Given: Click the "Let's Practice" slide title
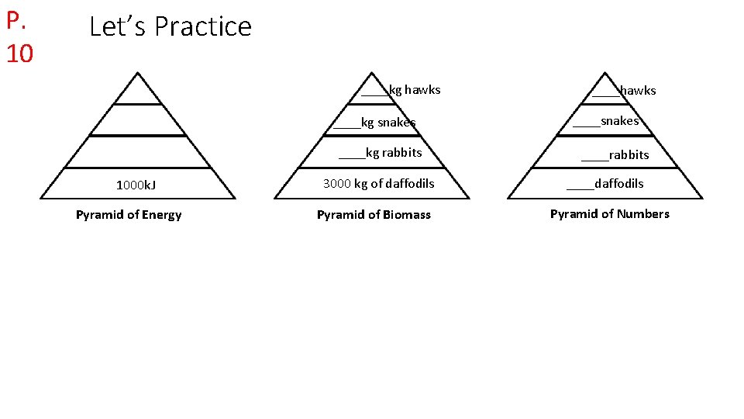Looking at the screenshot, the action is click(x=170, y=26).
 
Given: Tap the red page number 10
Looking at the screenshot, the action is click(x=19, y=54).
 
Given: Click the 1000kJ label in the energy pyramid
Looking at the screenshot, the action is click(x=136, y=185).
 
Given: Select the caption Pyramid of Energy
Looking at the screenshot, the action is click(x=129, y=215).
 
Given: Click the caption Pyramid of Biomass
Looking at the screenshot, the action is click(x=374, y=215).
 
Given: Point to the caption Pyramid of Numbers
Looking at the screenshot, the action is click(x=609, y=214).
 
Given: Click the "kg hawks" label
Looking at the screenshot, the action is click(x=414, y=90).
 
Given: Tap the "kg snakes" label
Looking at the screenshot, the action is click(x=387, y=123).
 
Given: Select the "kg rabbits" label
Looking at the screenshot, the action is click(x=393, y=153).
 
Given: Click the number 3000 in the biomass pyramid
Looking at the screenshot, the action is click(x=337, y=184).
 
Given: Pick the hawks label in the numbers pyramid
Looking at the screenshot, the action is click(x=637, y=91).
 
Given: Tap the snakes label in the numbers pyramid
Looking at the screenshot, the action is click(x=619, y=121).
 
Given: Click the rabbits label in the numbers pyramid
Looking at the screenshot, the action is click(x=629, y=155).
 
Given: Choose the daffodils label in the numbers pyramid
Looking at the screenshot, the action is click(x=618, y=184).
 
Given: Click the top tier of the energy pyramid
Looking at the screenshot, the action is click(x=137, y=92).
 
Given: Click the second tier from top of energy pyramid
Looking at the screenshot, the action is click(x=137, y=120).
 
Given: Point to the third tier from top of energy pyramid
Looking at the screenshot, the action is click(x=137, y=152).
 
